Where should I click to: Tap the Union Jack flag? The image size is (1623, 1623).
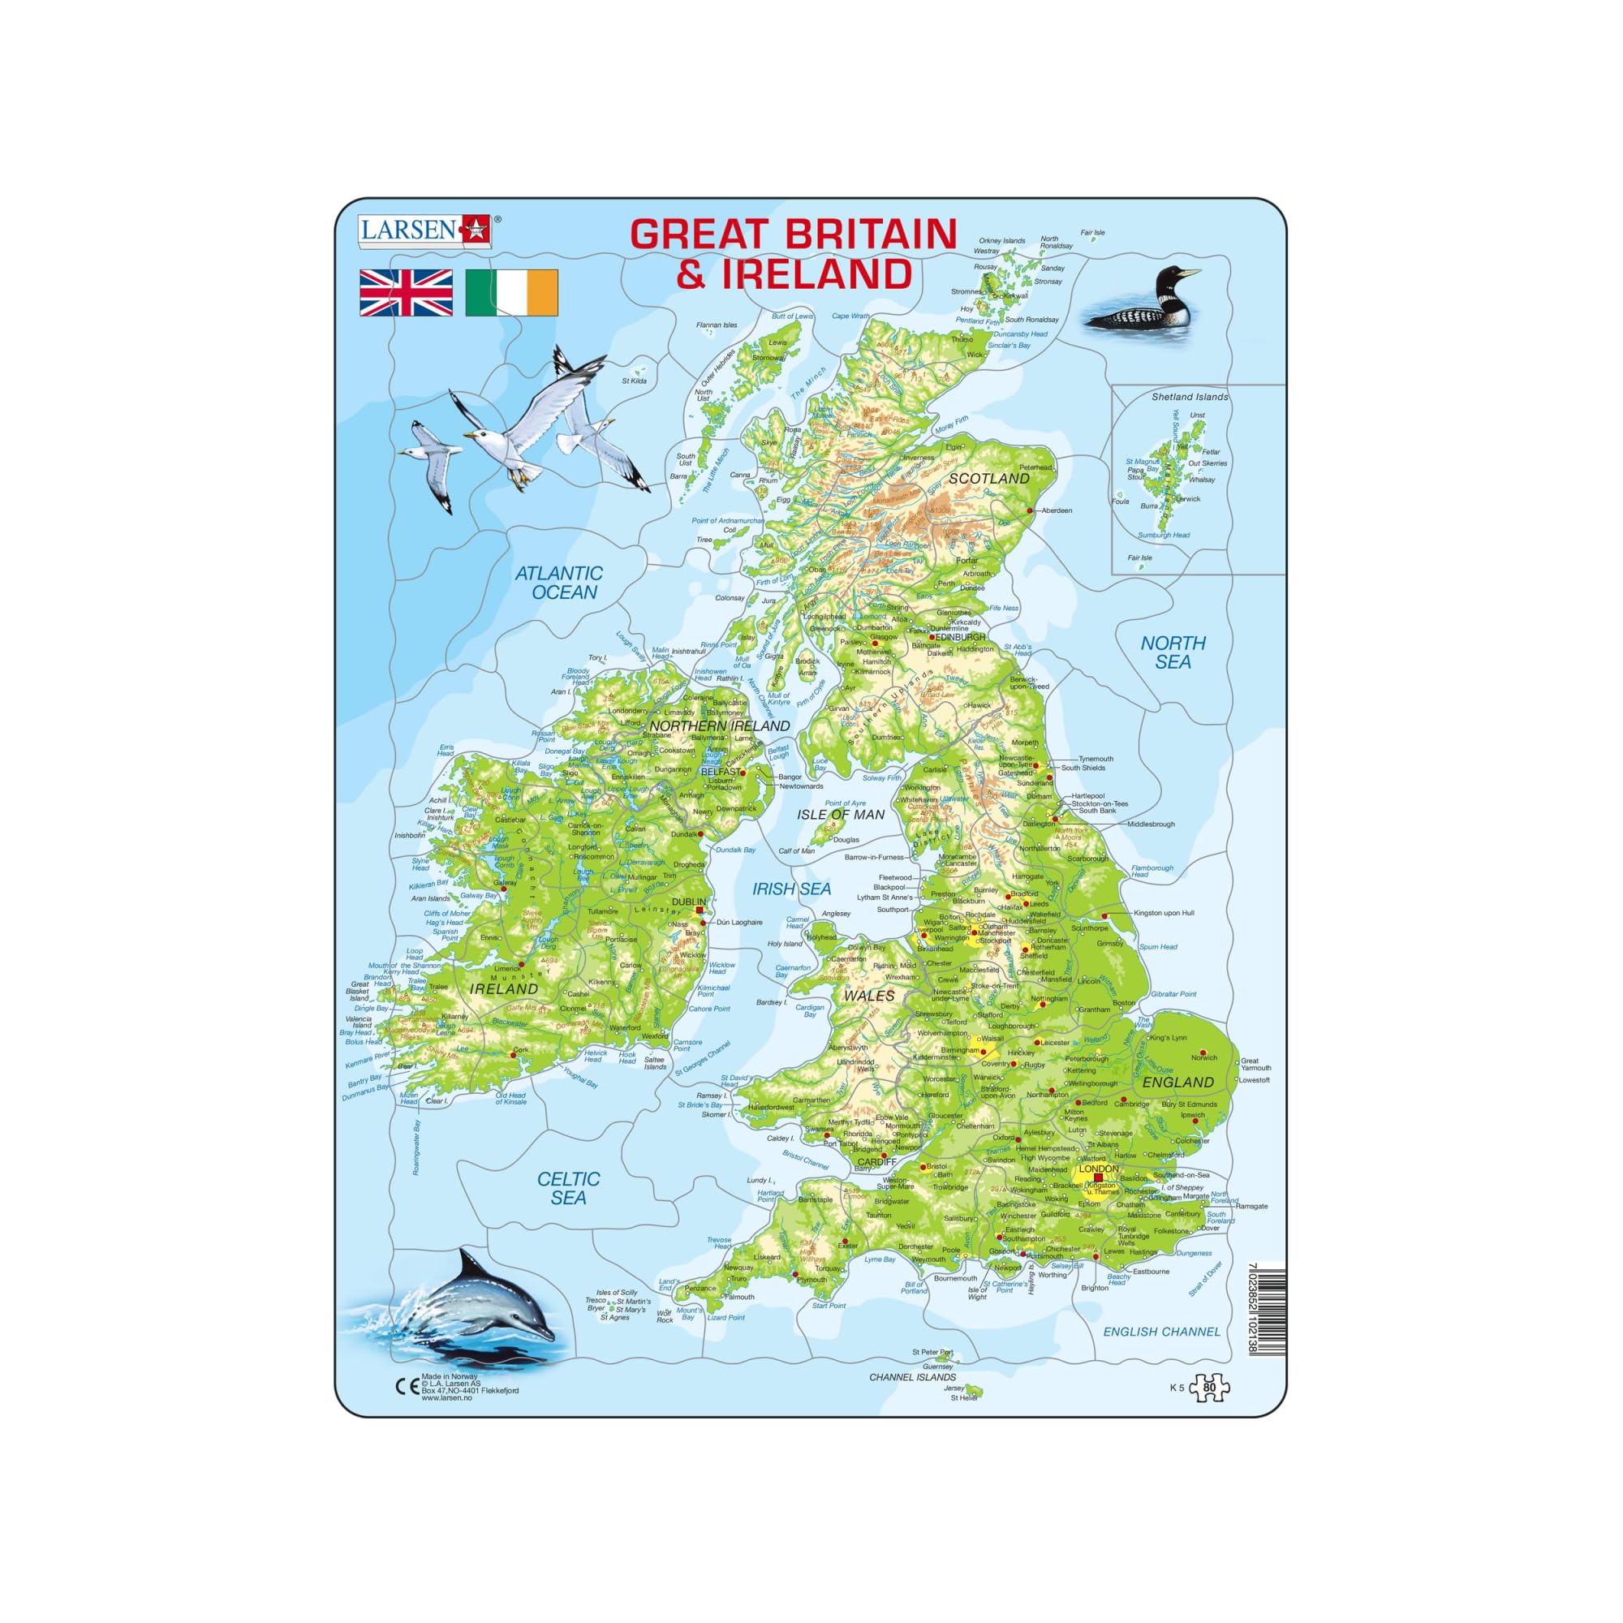pos(406,292)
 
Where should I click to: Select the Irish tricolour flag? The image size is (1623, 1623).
pos(511,292)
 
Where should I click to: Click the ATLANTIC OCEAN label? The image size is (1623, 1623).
pos(559,582)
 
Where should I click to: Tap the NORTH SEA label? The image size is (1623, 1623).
pos(1173,652)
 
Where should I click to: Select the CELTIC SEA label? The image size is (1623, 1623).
pos(569,1188)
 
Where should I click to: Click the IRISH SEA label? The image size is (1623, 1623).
pos(791,889)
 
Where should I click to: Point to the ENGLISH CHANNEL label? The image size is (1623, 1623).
pos(1161,1332)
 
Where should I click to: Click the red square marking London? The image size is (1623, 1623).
pos(1098,1177)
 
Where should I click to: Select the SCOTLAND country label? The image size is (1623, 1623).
pos(988,478)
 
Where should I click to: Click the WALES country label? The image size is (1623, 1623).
pos(868,996)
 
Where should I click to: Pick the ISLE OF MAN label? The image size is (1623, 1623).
pos(841,814)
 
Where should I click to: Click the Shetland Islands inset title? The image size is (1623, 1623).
pos(1190,397)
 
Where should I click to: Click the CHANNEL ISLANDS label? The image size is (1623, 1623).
pos(912,1377)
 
